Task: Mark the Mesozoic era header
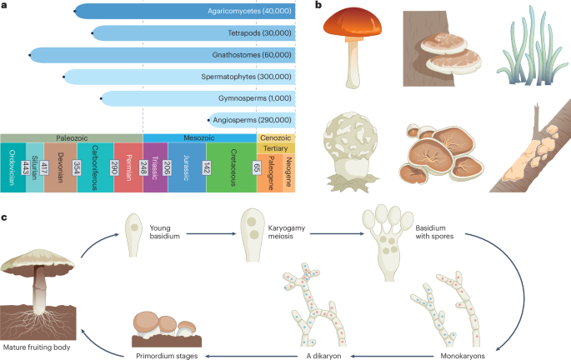coord(199,137)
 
